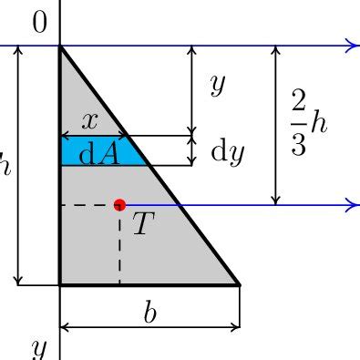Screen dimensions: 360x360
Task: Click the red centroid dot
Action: (119, 205)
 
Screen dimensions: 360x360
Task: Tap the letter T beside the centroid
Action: (141, 223)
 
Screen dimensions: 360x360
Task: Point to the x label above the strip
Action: (89, 120)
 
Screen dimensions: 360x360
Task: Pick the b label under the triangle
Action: (149, 312)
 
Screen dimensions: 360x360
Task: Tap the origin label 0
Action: (39, 24)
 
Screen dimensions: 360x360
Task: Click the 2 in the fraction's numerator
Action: (299, 101)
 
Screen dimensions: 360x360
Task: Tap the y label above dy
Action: (217, 85)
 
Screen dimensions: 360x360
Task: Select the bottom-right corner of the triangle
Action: (239, 284)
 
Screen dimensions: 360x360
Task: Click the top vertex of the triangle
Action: (60, 46)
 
